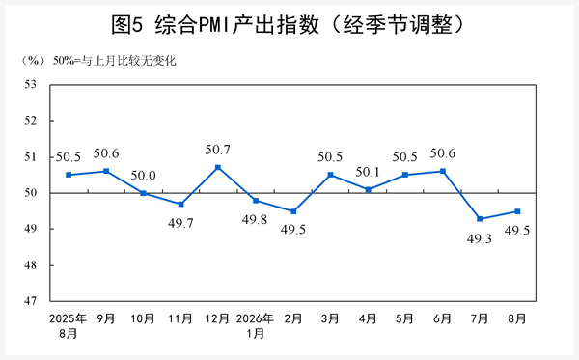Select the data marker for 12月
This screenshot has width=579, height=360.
coord(218,167)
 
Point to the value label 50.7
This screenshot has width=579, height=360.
coord(218,150)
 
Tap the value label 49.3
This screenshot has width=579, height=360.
coord(480,239)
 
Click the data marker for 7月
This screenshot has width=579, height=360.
coord(480,218)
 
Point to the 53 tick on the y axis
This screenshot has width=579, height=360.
coord(31,84)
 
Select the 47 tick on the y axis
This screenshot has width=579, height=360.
coord(31,301)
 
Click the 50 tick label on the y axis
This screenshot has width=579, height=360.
coord(31,192)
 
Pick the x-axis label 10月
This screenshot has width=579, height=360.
coord(143,318)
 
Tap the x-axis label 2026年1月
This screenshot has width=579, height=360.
coord(255,325)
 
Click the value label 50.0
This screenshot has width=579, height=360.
coord(143,176)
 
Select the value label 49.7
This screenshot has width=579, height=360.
coord(180,223)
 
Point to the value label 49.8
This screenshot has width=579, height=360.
coord(255,219)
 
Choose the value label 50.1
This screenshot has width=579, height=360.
coord(368,172)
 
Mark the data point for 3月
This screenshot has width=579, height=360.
coord(330,175)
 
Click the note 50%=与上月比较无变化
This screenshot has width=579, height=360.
coord(115,61)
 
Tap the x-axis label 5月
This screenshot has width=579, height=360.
coord(404,318)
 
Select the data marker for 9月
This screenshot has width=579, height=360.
coord(106,171)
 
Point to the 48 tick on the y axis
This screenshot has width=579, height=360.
coord(31,265)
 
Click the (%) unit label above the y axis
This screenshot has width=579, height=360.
coord(33,61)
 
